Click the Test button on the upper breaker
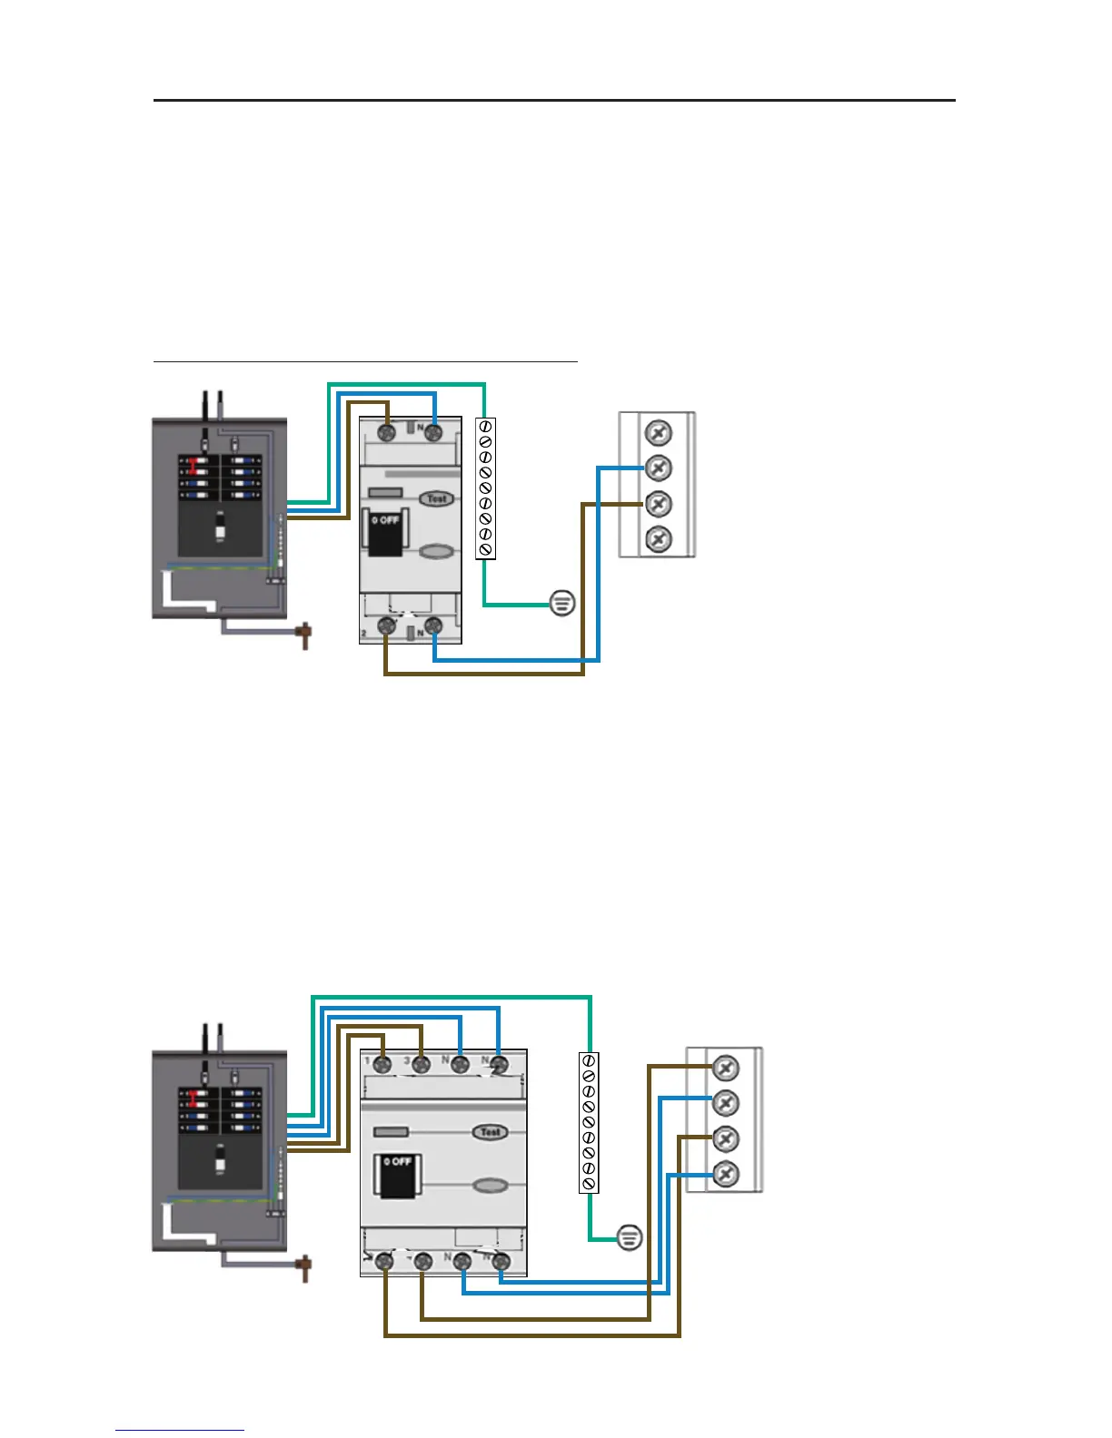click(x=437, y=498)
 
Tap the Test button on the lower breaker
click(x=490, y=1132)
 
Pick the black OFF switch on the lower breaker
click(x=397, y=1174)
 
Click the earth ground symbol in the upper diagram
click(x=562, y=602)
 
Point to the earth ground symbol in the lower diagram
click(x=630, y=1236)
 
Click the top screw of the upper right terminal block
click(x=658, y=431)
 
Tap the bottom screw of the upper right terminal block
click(x=658, y=539)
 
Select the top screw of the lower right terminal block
click(x=725, y=1068)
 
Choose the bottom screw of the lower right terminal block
click(x=725, y=1174)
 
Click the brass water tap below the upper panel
click(x=304, y=635)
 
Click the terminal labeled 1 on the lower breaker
click(x=383, y=1064)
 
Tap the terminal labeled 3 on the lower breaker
click(x=421, y=1064)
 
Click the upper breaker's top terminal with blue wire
click(x=433, y=433)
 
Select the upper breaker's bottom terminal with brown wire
click(x=386, y=625)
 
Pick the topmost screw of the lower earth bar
click(x=589, y=1060)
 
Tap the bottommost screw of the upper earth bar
click(x=485, y=549)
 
